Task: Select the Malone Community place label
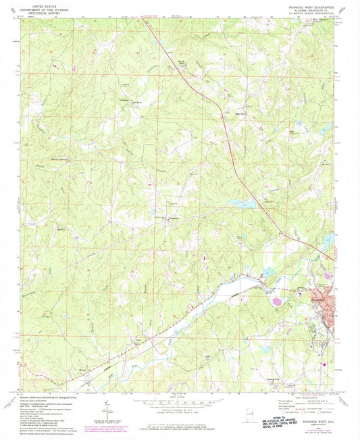(46, 160)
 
